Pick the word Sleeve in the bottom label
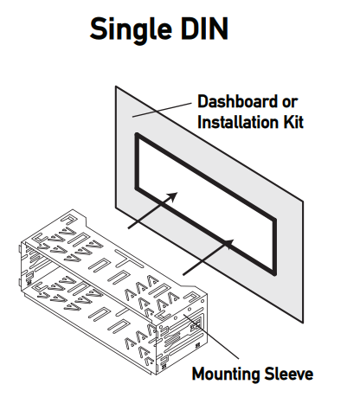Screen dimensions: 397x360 click(x=290, y=375)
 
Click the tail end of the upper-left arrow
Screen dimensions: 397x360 click(x=129, y=228)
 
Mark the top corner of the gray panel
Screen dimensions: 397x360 click(x=116, y=87)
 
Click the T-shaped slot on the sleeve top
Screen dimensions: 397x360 click(x=125, y=259)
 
